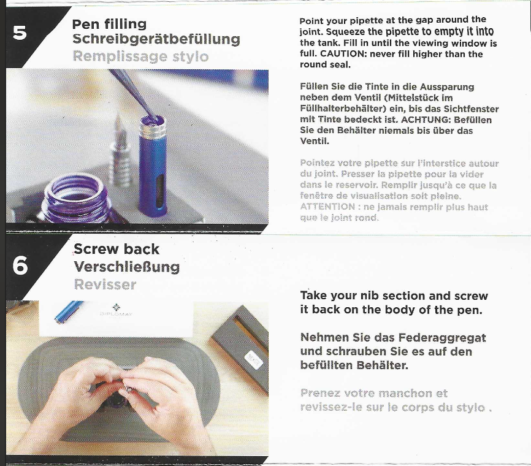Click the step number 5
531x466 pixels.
[20, 33]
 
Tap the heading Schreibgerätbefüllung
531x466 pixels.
[156, 39]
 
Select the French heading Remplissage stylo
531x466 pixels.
[140, 56]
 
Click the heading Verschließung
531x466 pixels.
[127, 267]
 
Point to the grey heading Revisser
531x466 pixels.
[105, 285]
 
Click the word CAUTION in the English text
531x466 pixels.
[342, 54]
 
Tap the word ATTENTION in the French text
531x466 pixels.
[327, 207]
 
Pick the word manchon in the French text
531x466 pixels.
[405, 393]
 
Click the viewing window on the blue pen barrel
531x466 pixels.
[160, 190]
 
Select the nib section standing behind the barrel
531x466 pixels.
[120, 153]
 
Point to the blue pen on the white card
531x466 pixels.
[69, 311]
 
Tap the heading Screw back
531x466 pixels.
[117, 250]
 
